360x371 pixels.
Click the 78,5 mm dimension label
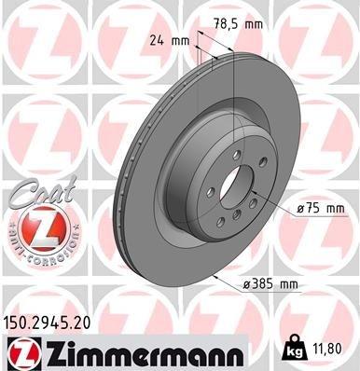[x=233, y=22]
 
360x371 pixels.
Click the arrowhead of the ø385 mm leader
[x=214, y=276]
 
